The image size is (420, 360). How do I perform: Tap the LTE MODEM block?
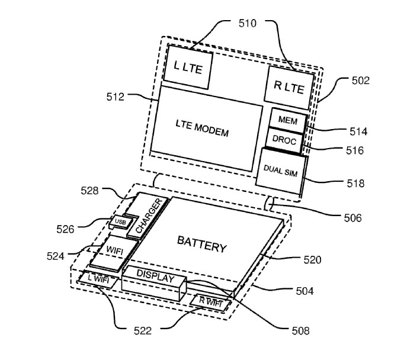205,130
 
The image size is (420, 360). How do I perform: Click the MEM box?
287,121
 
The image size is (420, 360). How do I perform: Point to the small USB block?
120,222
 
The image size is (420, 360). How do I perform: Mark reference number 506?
352,218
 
